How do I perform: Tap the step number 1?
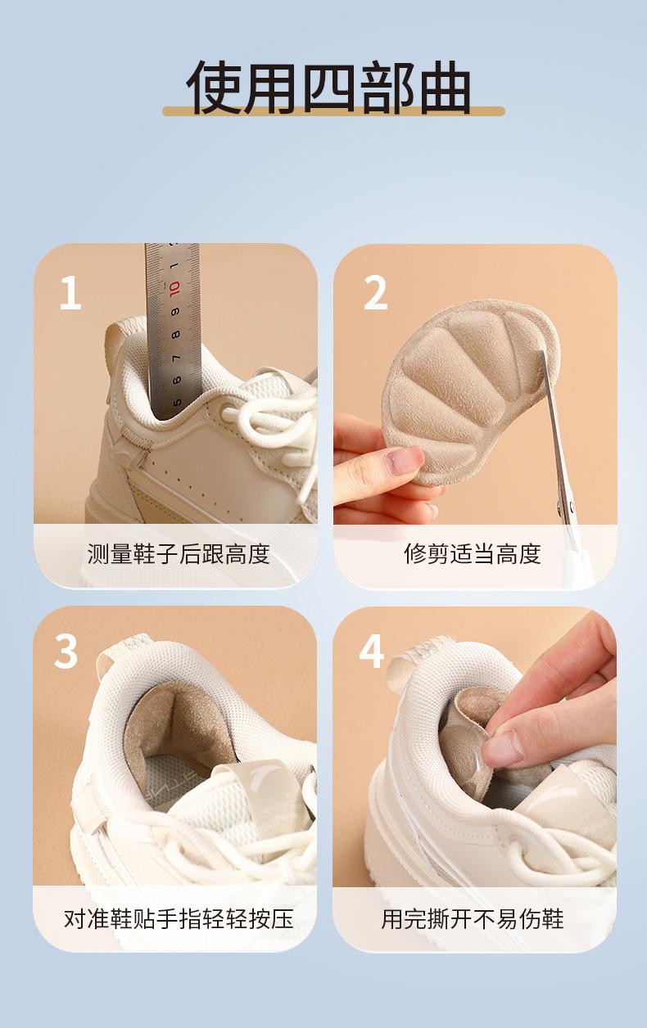coord(70,293)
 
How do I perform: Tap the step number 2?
coord(376,293)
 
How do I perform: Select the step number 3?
coord(66,652)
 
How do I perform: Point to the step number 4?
coord(371,652)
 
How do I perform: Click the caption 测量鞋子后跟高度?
coord(179,553)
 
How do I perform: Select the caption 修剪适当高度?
coord(473,553)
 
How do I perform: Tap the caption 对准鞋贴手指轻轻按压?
coord(179,906)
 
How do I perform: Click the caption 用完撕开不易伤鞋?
coord(473,906)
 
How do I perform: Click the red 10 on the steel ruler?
coord(174,289)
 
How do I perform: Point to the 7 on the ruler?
coord(176,358)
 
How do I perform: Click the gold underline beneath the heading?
coord(334,111)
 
